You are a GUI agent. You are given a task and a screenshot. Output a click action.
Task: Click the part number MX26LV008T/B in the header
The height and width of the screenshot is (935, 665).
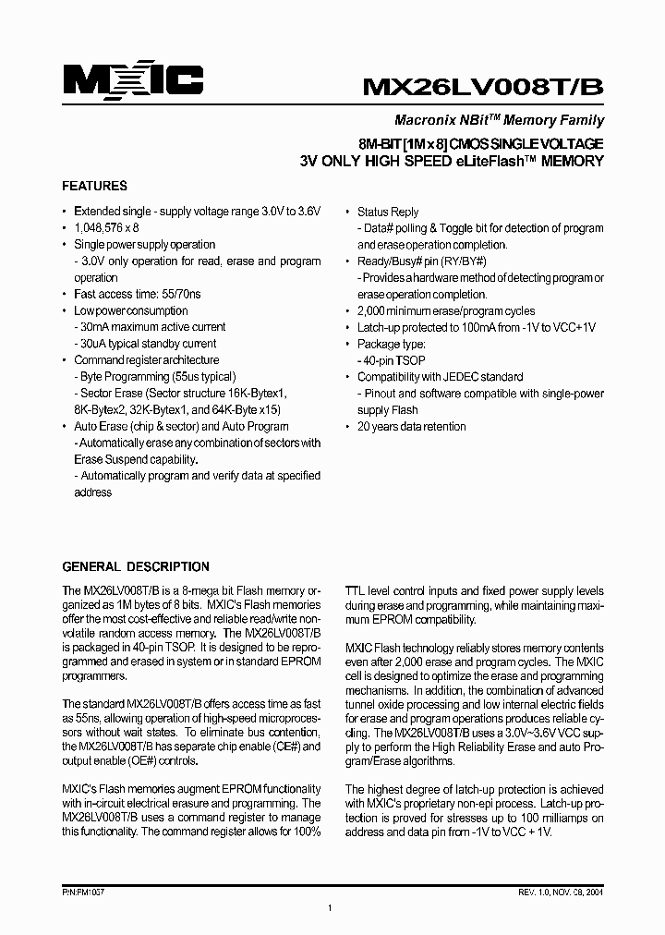483,86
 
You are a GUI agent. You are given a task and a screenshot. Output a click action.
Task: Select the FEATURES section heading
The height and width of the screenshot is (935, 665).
94,186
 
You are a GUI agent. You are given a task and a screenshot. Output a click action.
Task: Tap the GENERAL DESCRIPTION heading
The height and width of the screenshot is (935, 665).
135,566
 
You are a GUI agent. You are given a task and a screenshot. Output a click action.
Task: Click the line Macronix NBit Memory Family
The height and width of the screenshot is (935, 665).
499,120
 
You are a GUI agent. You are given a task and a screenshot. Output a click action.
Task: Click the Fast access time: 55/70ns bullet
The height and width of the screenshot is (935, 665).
137,294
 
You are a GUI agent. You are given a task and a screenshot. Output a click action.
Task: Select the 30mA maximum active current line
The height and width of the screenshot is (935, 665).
150,327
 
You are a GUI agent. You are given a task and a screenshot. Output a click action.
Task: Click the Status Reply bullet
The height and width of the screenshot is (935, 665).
388,212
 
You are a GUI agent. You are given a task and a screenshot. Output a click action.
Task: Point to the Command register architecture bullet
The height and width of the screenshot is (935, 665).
146,360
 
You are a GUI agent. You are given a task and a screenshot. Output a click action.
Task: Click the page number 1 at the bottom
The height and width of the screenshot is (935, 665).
330,910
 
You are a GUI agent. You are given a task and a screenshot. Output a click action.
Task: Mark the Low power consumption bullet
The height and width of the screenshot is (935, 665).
130,310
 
